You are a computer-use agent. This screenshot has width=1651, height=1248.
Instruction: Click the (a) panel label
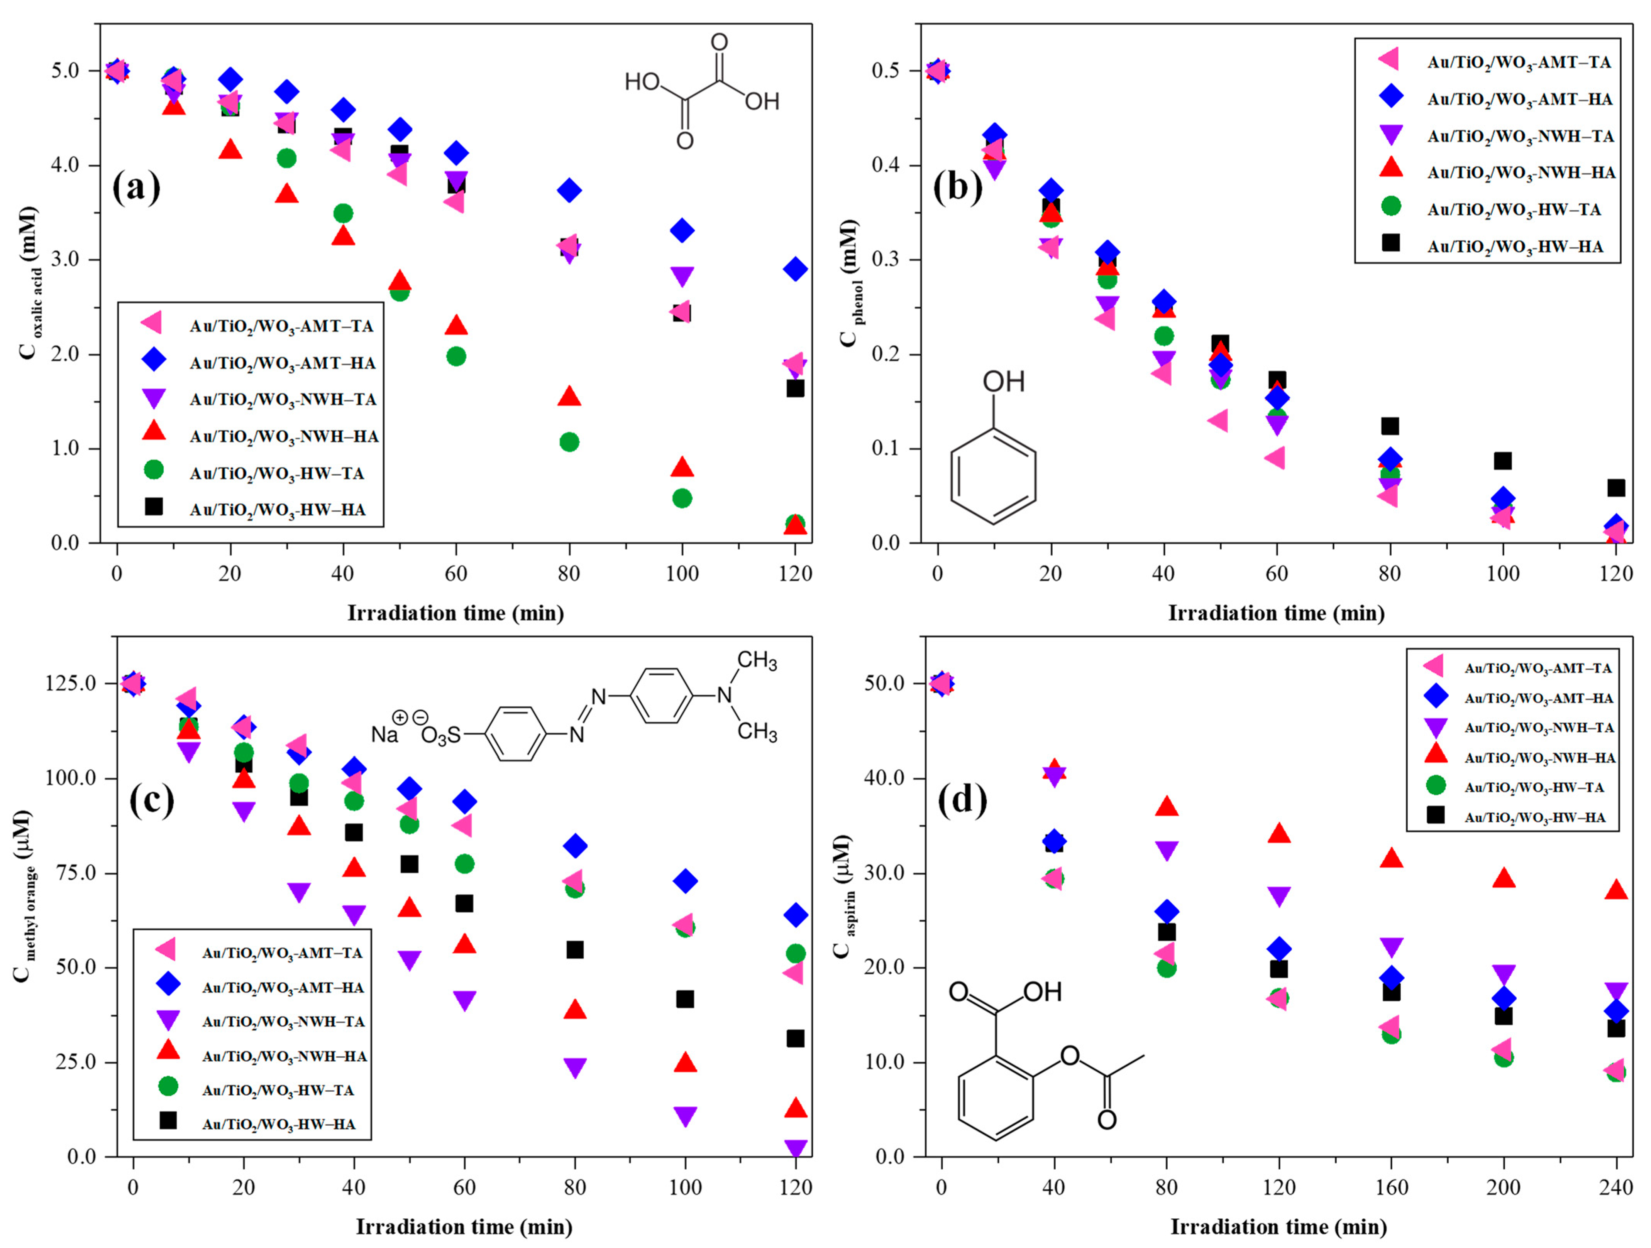click(136, 186)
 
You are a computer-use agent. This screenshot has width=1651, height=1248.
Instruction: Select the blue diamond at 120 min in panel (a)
click(795, 269)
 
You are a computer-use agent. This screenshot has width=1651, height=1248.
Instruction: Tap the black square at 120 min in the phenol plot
click(1616, 488)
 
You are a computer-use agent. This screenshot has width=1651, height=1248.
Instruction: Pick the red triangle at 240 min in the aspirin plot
click(1616, 890)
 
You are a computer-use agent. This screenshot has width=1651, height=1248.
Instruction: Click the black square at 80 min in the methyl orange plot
click(575, 950)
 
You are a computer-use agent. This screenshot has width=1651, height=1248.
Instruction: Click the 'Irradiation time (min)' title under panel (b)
click(1276, 613)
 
